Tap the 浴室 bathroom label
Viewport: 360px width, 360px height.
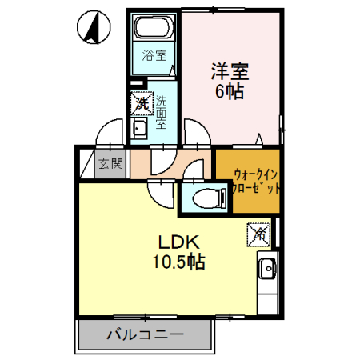(x=154, y=56)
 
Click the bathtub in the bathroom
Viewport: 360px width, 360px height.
(x=153, y=30)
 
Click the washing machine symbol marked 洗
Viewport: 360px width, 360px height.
(x=142, y=103)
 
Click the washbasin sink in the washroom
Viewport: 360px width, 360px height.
(x=139, y=130)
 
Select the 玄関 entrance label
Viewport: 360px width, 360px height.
(x=110, y=166)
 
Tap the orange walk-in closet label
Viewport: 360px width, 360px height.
(x=256, y=182)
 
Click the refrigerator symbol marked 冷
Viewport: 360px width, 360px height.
(x=258, y=234)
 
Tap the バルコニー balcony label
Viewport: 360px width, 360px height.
(x=146, y=335)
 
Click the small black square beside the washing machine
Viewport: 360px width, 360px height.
(x=136, y=84)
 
